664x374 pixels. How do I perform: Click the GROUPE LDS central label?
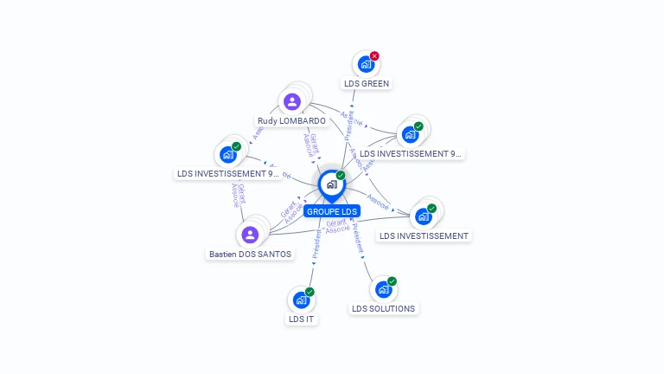pos(331,211)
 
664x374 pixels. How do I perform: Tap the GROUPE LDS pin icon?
pos(331,184)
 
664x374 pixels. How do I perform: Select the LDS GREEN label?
pos(367,84)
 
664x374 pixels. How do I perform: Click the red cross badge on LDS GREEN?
pos(374,56)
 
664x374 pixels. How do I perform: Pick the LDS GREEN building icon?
pos(366,64)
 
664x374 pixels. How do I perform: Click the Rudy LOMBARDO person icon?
pos(292,102)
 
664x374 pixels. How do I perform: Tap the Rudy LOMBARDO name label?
pos(291,121)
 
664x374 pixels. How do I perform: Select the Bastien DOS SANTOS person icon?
pos(250,235)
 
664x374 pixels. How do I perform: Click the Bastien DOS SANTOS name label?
pos(250,255)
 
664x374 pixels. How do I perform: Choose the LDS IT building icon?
pos(301,300)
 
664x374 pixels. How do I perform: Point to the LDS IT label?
pos(302,319)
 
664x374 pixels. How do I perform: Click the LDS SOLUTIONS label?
pos(383,308)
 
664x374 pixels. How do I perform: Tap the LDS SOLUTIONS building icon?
pos(383,289)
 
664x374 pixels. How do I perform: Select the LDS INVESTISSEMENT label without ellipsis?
pos(424,235)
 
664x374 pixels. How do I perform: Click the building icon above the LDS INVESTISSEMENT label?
pos(423,216)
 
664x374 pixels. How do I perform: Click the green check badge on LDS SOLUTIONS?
pos(392,281)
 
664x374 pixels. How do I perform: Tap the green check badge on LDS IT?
pos(310,292)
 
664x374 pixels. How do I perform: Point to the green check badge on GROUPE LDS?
pos(341,176)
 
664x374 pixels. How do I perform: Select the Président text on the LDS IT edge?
pos(316,245)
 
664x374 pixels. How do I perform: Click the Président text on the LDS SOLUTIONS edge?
pos(358,238)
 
